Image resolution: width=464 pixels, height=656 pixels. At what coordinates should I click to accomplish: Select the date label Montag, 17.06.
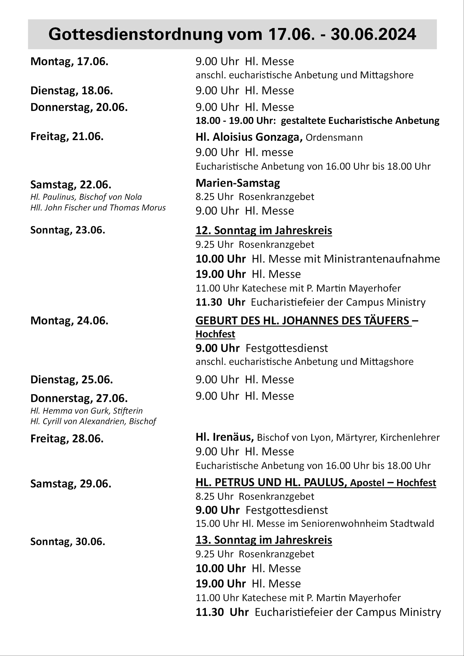pos(69,61)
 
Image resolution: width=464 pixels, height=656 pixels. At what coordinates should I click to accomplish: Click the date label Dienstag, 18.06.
pos(71,91)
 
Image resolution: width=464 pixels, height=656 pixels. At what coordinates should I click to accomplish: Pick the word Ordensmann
pos(334,138)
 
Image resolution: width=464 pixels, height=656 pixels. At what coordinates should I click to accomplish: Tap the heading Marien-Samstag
pos(238,183)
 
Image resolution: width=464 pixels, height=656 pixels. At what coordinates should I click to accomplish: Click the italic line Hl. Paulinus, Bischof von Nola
pos(86,197)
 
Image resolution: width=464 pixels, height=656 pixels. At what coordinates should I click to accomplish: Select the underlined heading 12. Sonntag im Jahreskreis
pos(264,230)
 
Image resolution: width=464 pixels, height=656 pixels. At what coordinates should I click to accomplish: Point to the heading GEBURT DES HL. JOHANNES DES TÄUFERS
pos(304,321)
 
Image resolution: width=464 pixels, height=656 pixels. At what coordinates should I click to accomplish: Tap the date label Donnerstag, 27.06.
pos(79,398)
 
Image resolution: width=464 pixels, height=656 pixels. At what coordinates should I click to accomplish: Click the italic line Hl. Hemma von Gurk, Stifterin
pos(86,411)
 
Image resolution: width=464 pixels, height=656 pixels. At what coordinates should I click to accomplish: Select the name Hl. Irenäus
pos(225,437)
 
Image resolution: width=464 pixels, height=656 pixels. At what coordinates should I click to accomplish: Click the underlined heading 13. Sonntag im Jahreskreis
pos(264,540)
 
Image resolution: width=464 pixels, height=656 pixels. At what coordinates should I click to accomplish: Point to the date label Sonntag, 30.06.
pos(68,541)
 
